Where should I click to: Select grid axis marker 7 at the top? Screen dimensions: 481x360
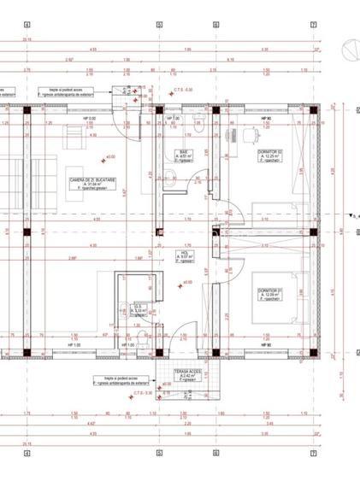tap(314, 25)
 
